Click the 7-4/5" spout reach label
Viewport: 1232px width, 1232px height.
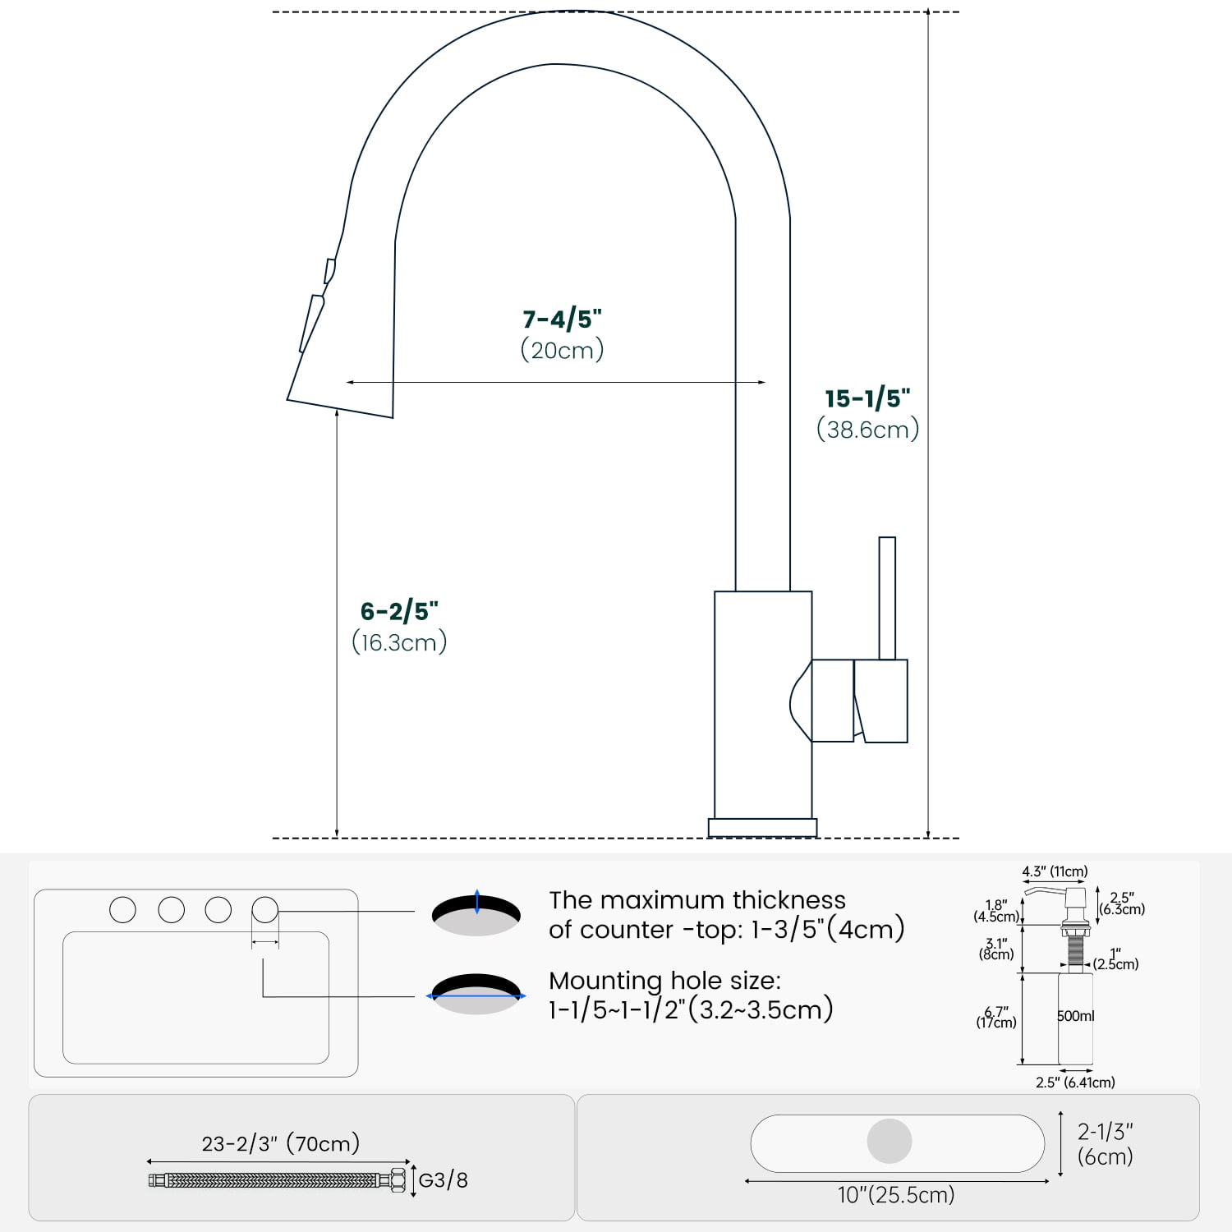[x=563, y=319]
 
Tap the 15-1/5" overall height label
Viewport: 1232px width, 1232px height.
[x=868, y=398]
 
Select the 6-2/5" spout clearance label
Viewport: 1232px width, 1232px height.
[x=399, y=611]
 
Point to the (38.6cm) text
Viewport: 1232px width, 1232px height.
[x=868, y=430]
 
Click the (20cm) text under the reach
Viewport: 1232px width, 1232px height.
[x=563, y=350]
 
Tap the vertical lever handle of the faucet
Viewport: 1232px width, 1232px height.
[x=887, y=598]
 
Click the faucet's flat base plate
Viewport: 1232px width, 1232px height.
[x=763, y=827]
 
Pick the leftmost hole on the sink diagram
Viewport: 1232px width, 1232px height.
[x=122, y=909]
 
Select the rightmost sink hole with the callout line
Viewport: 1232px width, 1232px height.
[x=265, y=909]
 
